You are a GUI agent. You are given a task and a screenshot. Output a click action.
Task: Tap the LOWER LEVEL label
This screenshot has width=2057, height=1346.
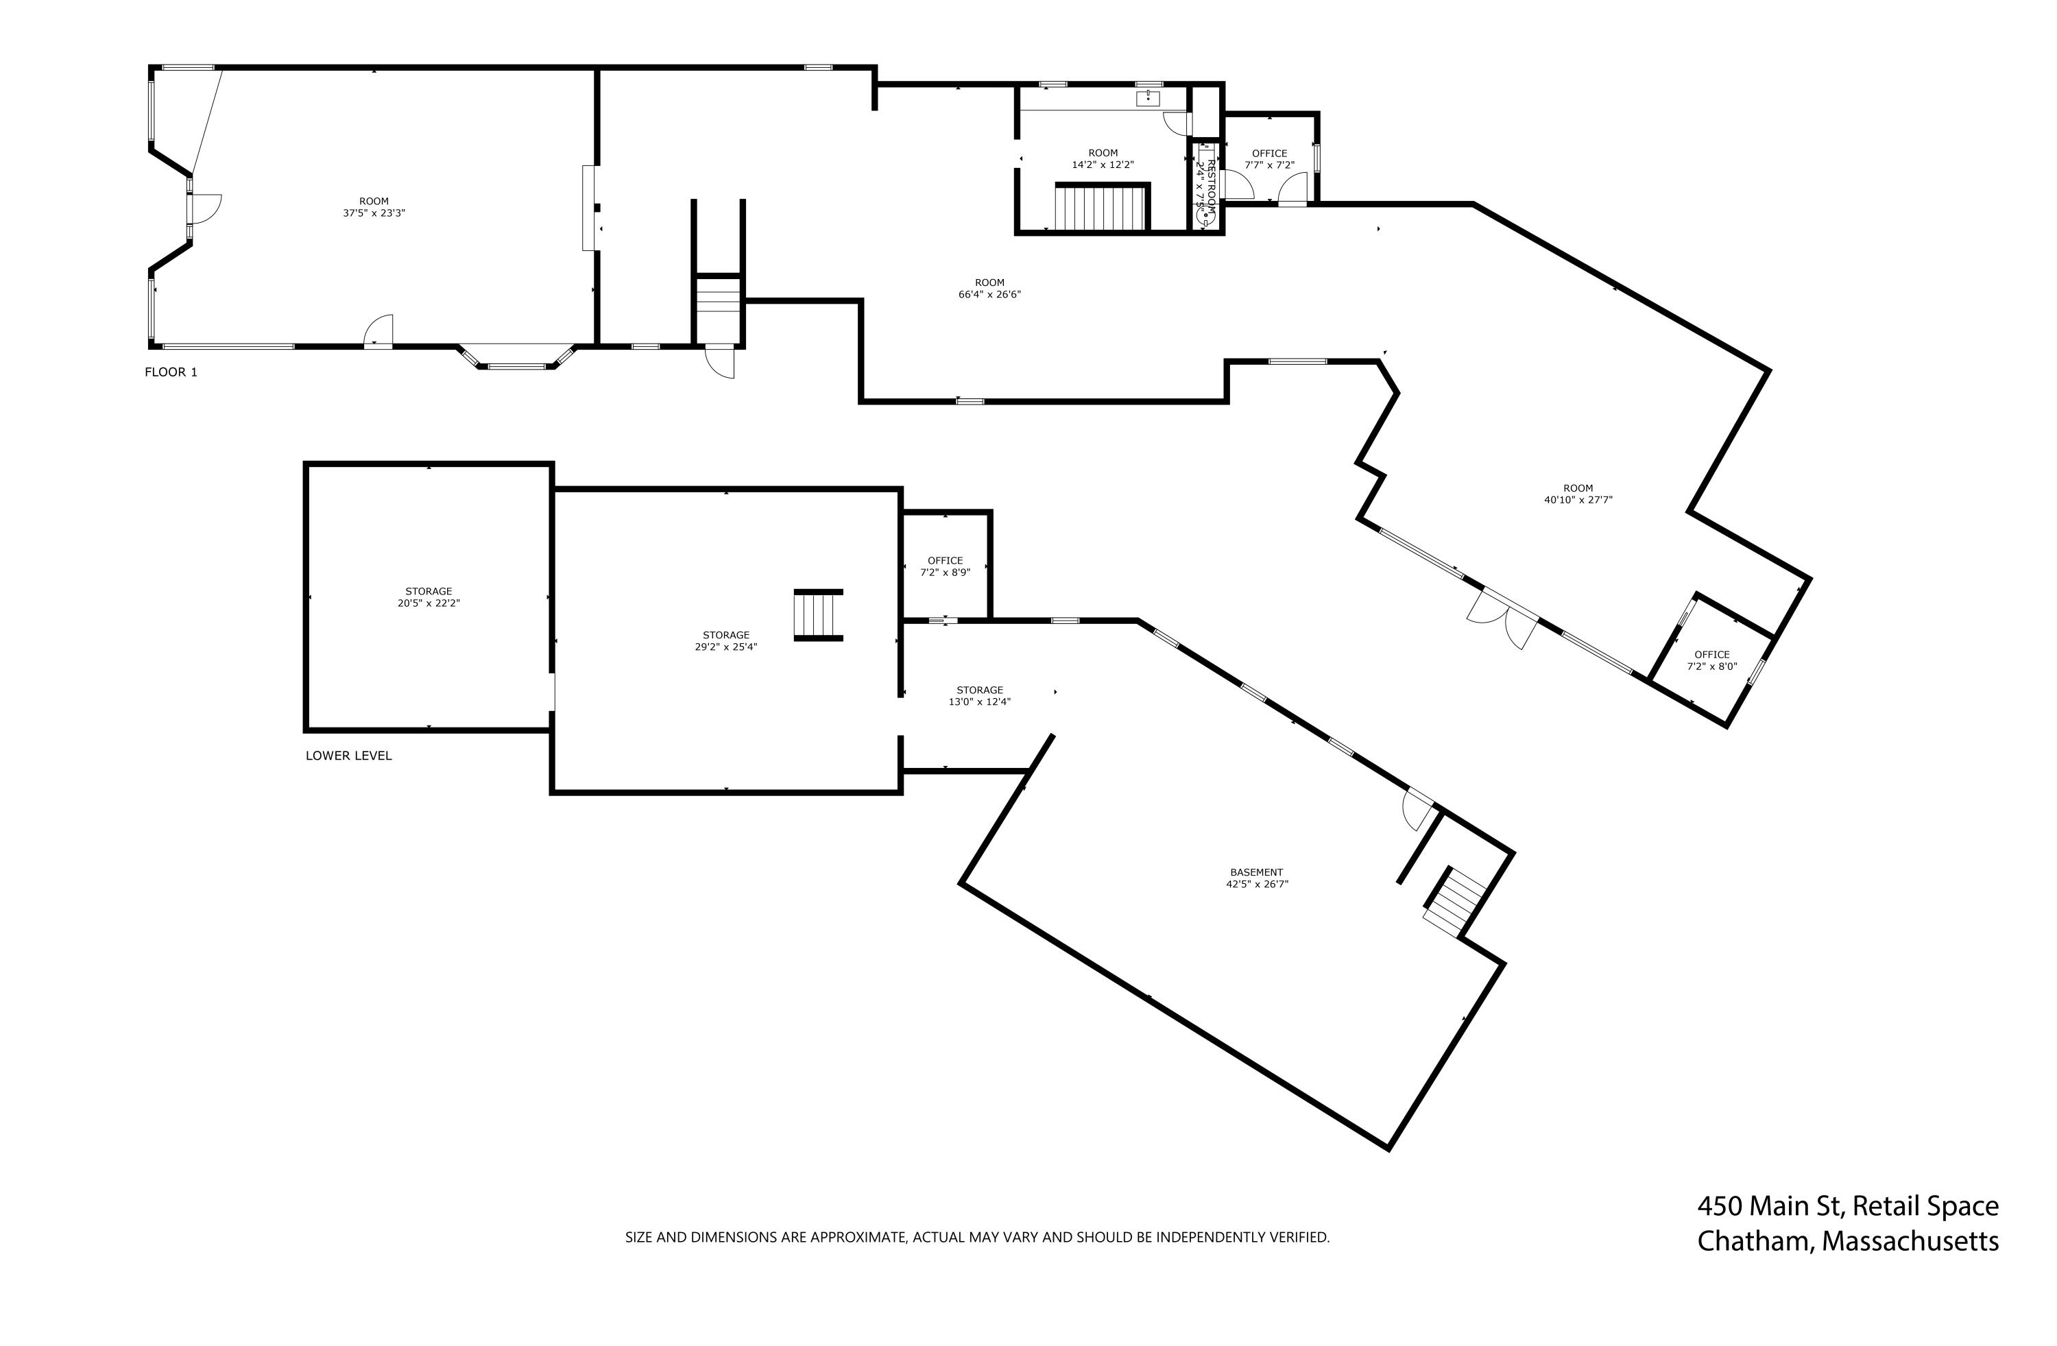pyautogui.click(x=348, y=756)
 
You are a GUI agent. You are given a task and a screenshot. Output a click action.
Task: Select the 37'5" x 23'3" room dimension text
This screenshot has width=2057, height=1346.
pyautogui.click(x=374, y=213)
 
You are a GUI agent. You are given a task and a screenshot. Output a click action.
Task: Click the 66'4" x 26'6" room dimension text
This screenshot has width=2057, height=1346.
pyautogui.click(x=989, y=295)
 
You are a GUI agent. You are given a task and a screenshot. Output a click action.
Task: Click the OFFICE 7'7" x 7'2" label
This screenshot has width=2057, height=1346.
pyautogui.click(x=1268, y=159)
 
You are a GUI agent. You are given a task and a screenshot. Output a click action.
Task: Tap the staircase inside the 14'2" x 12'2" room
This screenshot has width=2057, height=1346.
pyautogui.click(x=1100, y=208)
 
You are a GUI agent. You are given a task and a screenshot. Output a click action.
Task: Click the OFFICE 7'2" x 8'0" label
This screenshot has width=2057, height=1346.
pyautogui.click(x=1711, y=660)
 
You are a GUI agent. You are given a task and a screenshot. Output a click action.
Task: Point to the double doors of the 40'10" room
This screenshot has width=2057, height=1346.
pyautogui.click(x=1505, y=620)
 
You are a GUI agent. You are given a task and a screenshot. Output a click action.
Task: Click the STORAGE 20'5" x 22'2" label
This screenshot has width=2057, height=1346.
pyautogui.click(x=429, y=597)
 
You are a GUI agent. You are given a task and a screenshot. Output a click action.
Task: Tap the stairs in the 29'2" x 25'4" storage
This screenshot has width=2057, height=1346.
pyautogui.click(x=817, y=614)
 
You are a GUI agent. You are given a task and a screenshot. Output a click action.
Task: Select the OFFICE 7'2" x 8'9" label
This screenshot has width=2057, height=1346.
pyautogui.click(x=945, y=566)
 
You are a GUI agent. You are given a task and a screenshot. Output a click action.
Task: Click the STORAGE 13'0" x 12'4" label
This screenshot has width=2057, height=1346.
pyautogui.click(x=979, y=696)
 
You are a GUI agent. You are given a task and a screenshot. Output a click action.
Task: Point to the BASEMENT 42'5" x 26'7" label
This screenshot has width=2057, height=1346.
pyautogui.click(x=1256, y=878)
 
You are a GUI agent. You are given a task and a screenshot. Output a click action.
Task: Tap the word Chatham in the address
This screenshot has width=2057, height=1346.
pyautogui.click(x=1755, y=1241)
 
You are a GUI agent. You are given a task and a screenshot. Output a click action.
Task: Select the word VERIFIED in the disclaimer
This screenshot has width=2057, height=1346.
pyautogui.click(x=1299, y=1237)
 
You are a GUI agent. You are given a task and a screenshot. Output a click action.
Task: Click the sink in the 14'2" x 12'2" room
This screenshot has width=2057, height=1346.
pyautogui.click(x=1147, y=97)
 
